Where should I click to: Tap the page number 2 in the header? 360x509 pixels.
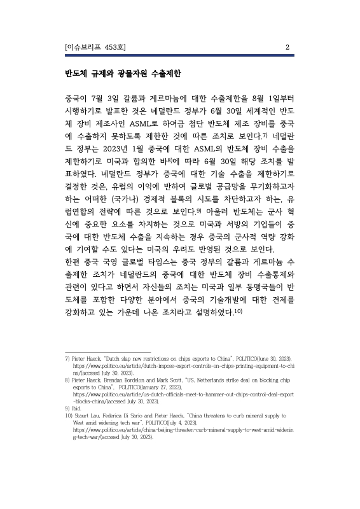point(287,47)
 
